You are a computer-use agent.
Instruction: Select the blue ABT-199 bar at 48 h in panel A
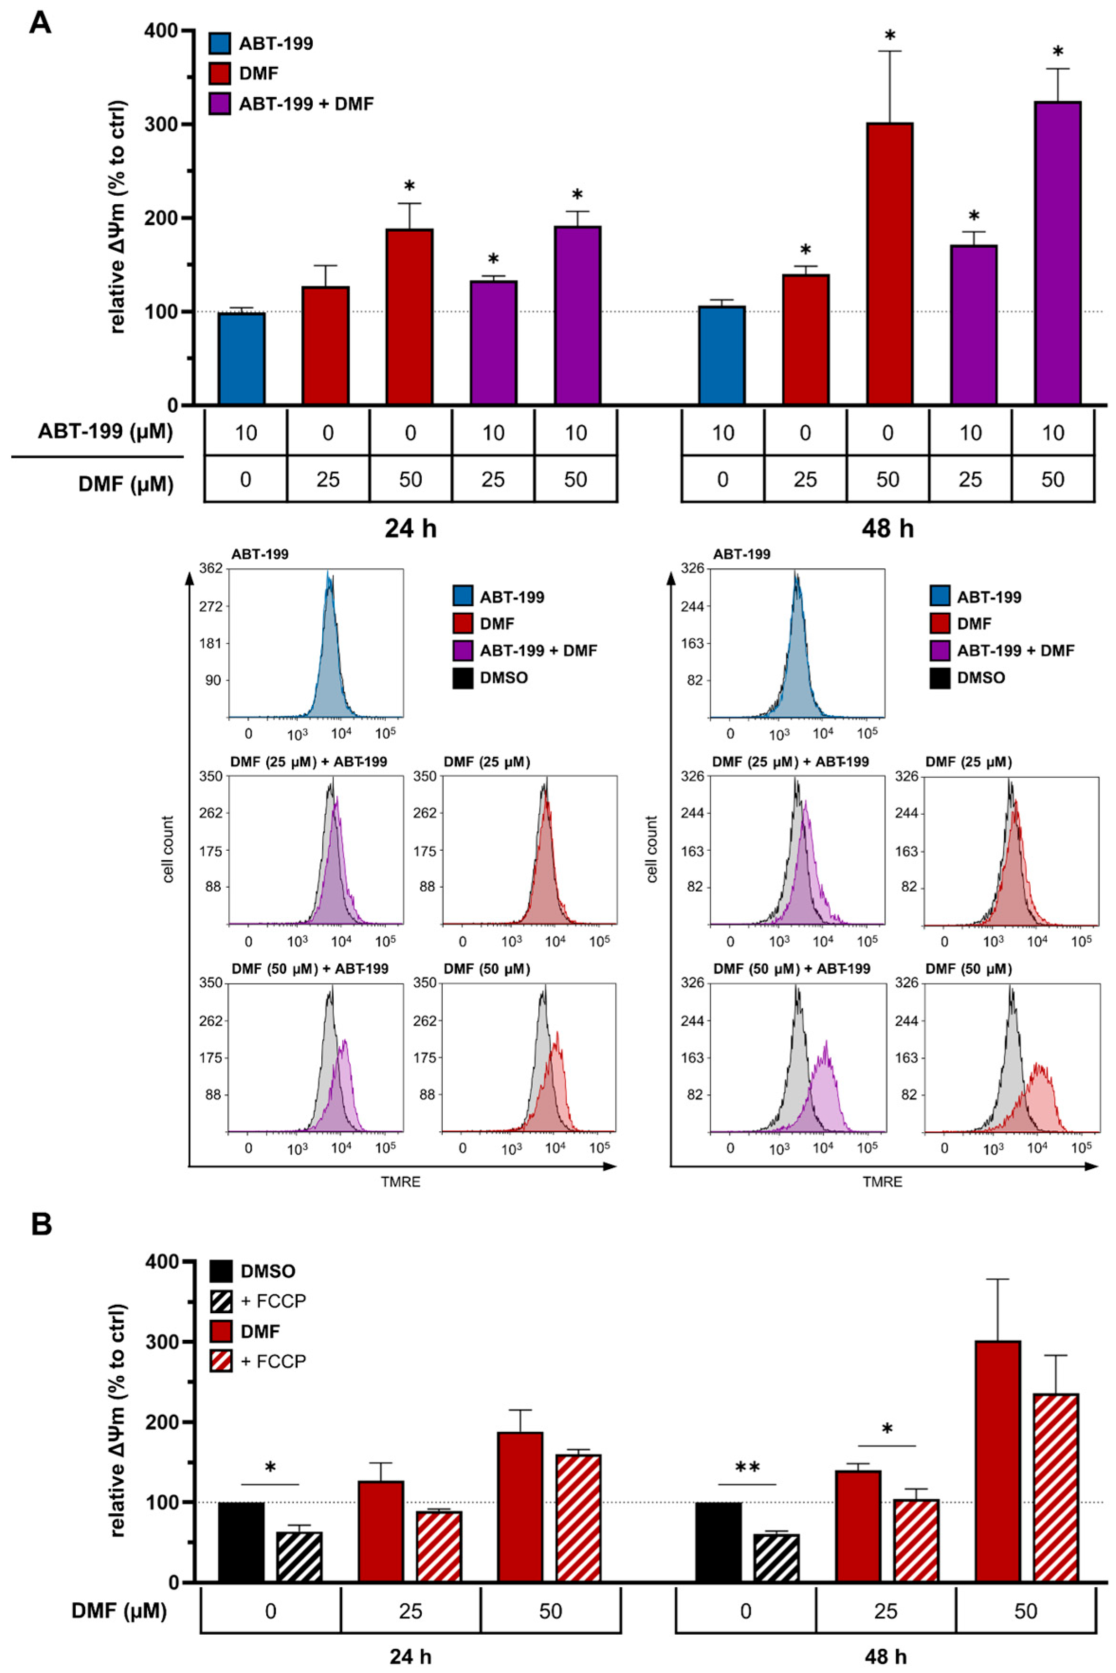click(x=722, y=356)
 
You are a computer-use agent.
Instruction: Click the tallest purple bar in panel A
click(x=1058, y=254)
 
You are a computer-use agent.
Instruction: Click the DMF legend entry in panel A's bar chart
click(x=244, y=73)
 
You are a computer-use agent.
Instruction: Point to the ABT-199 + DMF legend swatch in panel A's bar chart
click(x=219, y=104)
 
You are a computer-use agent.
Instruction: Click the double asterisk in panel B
click(x=747, y=1467)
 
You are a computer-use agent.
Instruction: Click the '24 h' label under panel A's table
click(x=411, y=529)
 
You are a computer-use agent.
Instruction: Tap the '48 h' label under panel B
click(x=885, y=1657)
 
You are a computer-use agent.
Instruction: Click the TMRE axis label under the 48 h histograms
click(x=882, y=1182)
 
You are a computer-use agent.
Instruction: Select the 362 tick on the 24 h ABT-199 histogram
click(x=211, y=569)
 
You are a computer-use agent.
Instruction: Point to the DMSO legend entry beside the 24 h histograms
click(x=490, y=677)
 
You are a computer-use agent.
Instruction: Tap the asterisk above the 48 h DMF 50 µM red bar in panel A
click(x=889, y=36)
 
